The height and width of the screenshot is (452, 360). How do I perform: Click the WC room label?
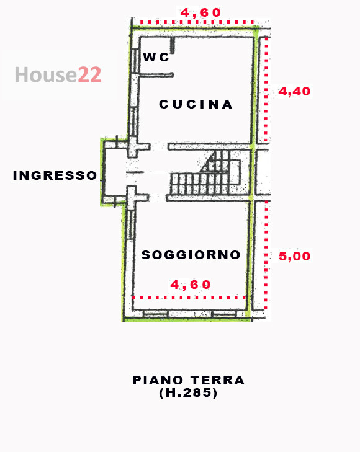(156, 57)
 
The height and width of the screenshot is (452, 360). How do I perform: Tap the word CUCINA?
(196, 104)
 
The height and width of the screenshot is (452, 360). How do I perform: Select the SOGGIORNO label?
(191, 255)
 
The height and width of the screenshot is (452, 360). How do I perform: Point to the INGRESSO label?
(55, 175)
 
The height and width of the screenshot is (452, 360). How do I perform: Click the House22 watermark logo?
(58, 75)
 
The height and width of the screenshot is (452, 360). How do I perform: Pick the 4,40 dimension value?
(294, 91)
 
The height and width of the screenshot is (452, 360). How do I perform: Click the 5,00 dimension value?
(294, 255)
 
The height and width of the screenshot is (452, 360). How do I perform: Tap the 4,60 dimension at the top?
(200, 12)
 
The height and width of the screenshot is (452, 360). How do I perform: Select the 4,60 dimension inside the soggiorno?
(191, 285)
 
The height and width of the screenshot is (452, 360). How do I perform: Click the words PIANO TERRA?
(189, 380)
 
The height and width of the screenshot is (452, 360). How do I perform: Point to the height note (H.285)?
(188, 393)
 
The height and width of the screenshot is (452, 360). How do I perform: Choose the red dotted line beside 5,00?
(266, 255)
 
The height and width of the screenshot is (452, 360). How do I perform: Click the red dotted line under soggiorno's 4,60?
(189, 298)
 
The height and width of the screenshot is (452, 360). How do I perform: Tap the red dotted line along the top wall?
(199, 23)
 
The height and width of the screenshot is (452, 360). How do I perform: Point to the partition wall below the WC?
(154, 75)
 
